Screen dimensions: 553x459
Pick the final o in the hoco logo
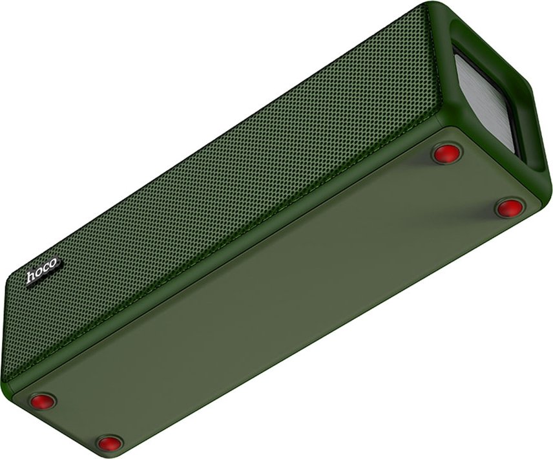tap(53, 264)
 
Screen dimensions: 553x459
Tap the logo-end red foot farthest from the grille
tap(110, 442)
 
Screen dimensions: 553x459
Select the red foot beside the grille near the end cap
tap(447, 153)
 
